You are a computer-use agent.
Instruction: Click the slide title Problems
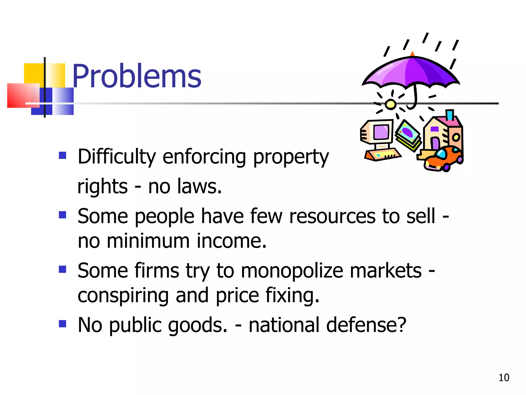coord(137,76)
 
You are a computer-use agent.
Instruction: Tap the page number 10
coord(504,378)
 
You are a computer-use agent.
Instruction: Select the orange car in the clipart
coord(443,158)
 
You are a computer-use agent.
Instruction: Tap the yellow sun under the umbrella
coord(390,104)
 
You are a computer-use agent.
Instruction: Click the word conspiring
coord(123,296)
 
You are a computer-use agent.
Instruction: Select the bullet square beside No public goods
coord(62,324)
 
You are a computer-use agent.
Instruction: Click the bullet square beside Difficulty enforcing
coord(62,155)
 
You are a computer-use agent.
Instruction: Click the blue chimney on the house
coord(449,115)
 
